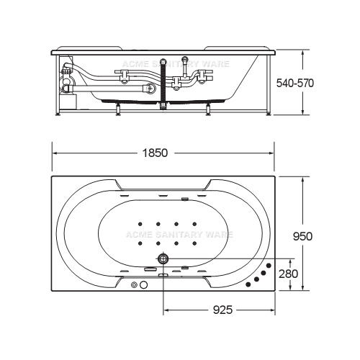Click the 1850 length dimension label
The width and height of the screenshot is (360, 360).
point(155,153)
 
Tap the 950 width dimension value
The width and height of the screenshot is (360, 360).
point(302,236)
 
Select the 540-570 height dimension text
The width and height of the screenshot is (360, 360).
point(295,84)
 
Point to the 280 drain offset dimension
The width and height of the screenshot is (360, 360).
point(288,274)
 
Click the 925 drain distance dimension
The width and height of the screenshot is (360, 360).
point(222,310)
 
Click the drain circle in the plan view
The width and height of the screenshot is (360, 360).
point(163,258)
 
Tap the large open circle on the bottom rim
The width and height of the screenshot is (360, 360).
point(143,285)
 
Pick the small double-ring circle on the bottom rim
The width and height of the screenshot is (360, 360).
point(134,285)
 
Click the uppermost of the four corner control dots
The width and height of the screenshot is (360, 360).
point(269,266)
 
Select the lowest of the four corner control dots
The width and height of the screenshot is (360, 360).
point(248,284)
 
